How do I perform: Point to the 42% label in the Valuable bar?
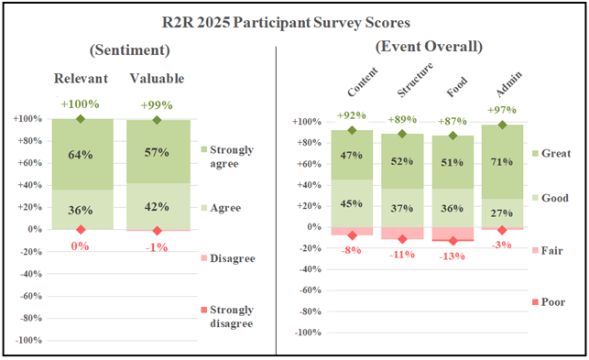pyautogui.click(x=157, y=207)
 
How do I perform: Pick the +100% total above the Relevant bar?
pyautogui.click(x=81, y=104)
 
